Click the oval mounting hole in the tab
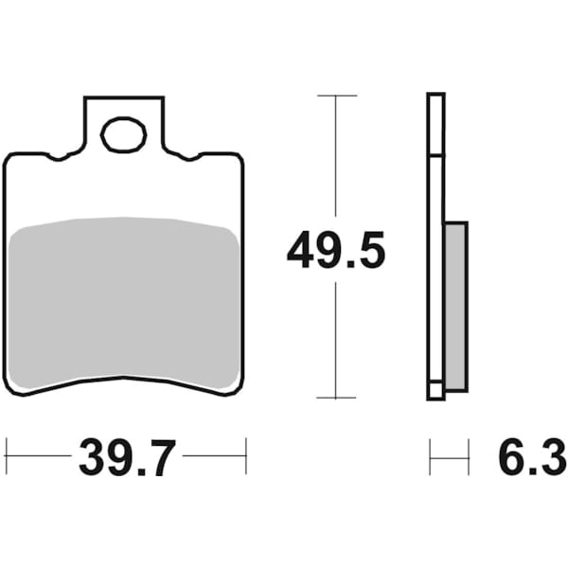tap(123, 135)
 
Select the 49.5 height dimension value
tap(336, 253)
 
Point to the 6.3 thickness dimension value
tap(525, 460)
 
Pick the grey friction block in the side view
tap(455, 306)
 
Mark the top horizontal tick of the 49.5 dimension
tap(336, 96)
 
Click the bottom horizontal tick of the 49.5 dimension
tap(336, 398)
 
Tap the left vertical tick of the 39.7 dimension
tap(6, 455)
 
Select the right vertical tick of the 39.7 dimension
tap(246, 455)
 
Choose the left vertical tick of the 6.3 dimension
tap(430, 456)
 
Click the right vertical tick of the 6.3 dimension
tap(468, 456)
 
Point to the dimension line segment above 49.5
tap(336, 161)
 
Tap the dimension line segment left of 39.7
tap(38, 455)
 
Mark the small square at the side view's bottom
tap(435, 389)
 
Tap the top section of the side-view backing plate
tap(435, 123)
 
